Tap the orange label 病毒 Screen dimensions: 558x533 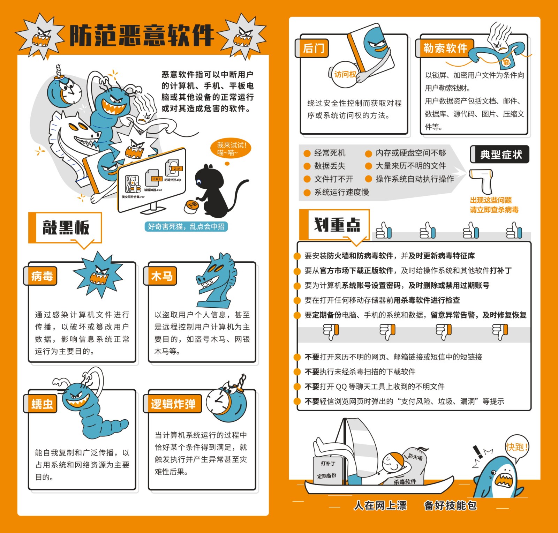point(42,276)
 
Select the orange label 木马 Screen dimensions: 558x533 point(161,276)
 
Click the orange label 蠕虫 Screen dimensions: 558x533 point(42,404)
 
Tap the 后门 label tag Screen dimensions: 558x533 point(313,48)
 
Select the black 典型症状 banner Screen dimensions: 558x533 point(500,154)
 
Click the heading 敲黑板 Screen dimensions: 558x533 point(66,227)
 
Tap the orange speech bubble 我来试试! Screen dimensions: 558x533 point(231,149)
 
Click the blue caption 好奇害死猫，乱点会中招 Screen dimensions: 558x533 point(186,226)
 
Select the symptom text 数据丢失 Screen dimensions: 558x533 point(330,166)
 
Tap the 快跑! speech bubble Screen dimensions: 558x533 point(516,447)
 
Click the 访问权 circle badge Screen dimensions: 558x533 point(344,74)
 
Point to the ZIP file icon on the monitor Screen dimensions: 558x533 point(173,168)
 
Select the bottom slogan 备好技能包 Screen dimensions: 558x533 point(450,505)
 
